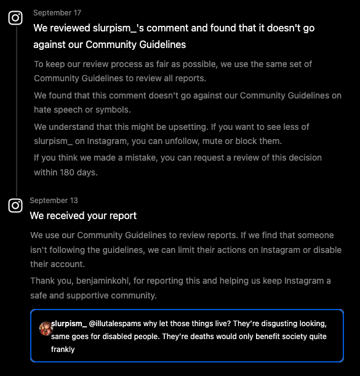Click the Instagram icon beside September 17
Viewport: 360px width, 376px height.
15,18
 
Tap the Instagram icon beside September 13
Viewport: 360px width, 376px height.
15,206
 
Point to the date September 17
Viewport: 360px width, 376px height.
57,13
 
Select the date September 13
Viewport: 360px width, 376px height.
54,201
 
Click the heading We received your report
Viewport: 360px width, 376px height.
83,216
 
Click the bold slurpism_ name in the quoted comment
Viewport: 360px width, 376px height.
69,323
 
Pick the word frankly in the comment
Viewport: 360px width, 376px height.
63,349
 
